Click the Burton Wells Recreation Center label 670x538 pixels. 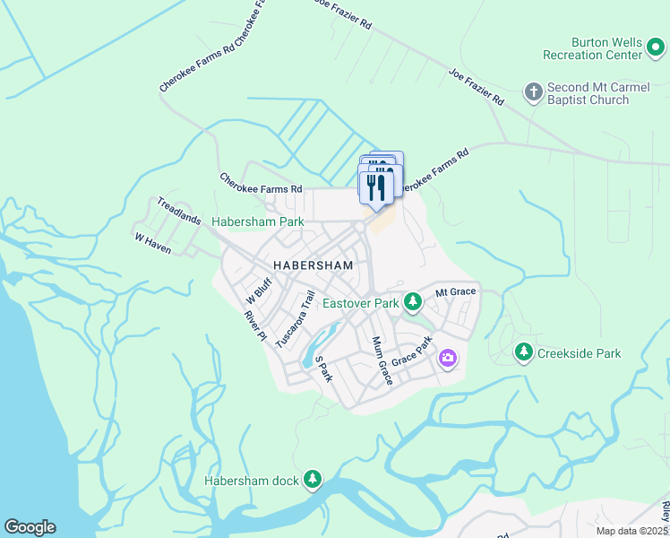coord(606,48)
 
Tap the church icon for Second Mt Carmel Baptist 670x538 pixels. coord(533,91)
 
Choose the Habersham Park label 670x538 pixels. coord(257,221)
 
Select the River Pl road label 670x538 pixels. coord(256,325)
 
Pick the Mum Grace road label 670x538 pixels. coord(382,360)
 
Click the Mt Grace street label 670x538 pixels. coord(455,292)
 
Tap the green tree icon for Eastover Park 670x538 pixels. coord(412,302)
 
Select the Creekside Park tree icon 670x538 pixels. coord(523,353)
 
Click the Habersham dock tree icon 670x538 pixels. coord(312,481)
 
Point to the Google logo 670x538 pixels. coord(30,527)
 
